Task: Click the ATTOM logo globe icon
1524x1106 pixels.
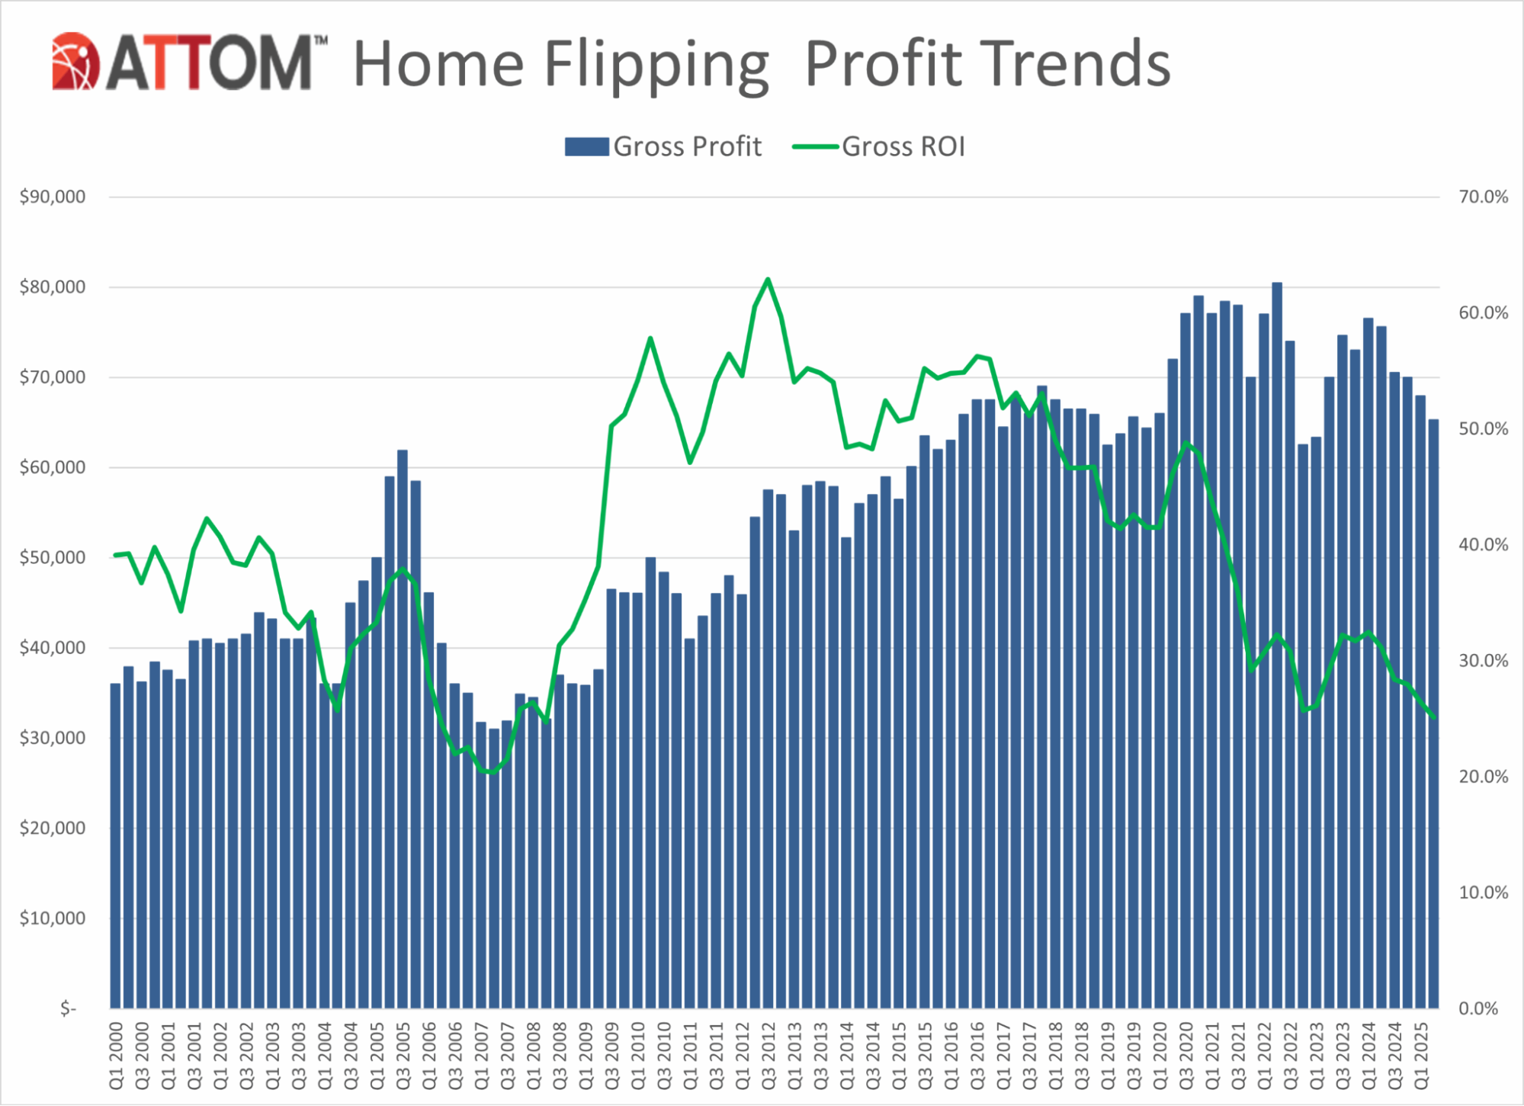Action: [75, 62]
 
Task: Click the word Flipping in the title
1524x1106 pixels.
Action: [656, 66]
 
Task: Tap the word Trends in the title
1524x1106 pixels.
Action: [1074, 64]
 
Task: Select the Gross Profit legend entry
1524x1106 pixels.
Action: [663, 146]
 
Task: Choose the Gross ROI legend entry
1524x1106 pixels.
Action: [879, 146]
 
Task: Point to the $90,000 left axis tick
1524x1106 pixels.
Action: [53, 197]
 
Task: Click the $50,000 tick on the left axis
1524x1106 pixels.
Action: [53, 557]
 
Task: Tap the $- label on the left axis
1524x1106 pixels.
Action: [69, 1008]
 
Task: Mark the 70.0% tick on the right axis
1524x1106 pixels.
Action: [1483, 197]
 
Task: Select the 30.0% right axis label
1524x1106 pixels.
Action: [1483, 661]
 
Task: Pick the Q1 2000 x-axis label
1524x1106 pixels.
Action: [116, 1056]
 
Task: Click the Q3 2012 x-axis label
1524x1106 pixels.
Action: [768, 1056]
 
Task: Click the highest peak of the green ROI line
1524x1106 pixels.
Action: [768, 280]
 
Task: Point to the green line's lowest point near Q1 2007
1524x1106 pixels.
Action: [491, 772]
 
